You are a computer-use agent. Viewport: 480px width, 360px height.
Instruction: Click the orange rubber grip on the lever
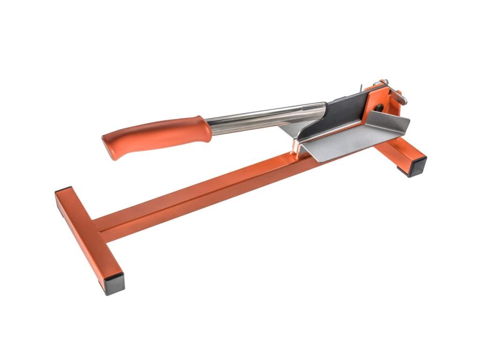(155, 135)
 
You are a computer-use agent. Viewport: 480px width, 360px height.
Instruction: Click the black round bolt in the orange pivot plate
(378, 108)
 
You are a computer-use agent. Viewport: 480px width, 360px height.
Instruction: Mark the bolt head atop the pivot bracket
(383, 82)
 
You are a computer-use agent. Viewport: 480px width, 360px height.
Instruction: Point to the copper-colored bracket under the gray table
(295, 147)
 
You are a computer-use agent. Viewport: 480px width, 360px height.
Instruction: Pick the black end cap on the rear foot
(417, 166)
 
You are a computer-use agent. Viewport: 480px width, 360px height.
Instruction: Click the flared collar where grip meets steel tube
(206, 127)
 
